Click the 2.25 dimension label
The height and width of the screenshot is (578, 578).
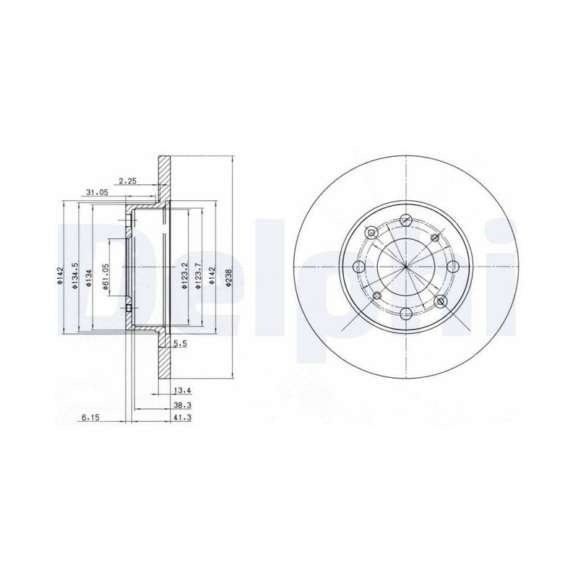(128, 181)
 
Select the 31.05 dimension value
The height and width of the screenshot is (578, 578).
(97, 192)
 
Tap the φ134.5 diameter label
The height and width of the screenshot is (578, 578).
(75, 276)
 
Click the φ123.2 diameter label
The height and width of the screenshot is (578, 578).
(184, 276)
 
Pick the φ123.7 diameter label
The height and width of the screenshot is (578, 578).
(198, 276)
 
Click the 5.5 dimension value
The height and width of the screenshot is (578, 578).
(180, 344)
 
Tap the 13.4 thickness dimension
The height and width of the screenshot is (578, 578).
(183, 390)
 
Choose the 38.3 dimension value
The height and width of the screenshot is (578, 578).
(183, 405)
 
